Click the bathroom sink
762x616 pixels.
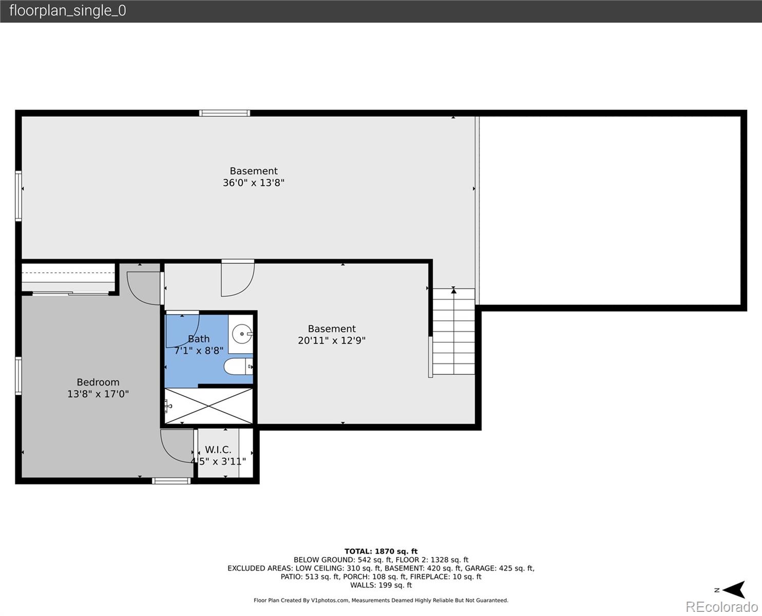(241, 334)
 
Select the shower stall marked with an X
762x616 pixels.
(208, 406)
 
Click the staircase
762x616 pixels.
(453, 332)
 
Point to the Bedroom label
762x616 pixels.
(98, 382)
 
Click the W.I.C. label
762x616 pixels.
(218, 450)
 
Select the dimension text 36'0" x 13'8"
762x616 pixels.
(253, 183)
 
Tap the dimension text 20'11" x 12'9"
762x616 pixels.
(332, 340)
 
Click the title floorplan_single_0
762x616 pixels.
(67, 11)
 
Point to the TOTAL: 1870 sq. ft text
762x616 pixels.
(380, 551)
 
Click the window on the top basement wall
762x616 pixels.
(224, 113)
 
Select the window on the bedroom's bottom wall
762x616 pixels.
(171, 481)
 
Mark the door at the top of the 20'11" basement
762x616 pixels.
(237, 278)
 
